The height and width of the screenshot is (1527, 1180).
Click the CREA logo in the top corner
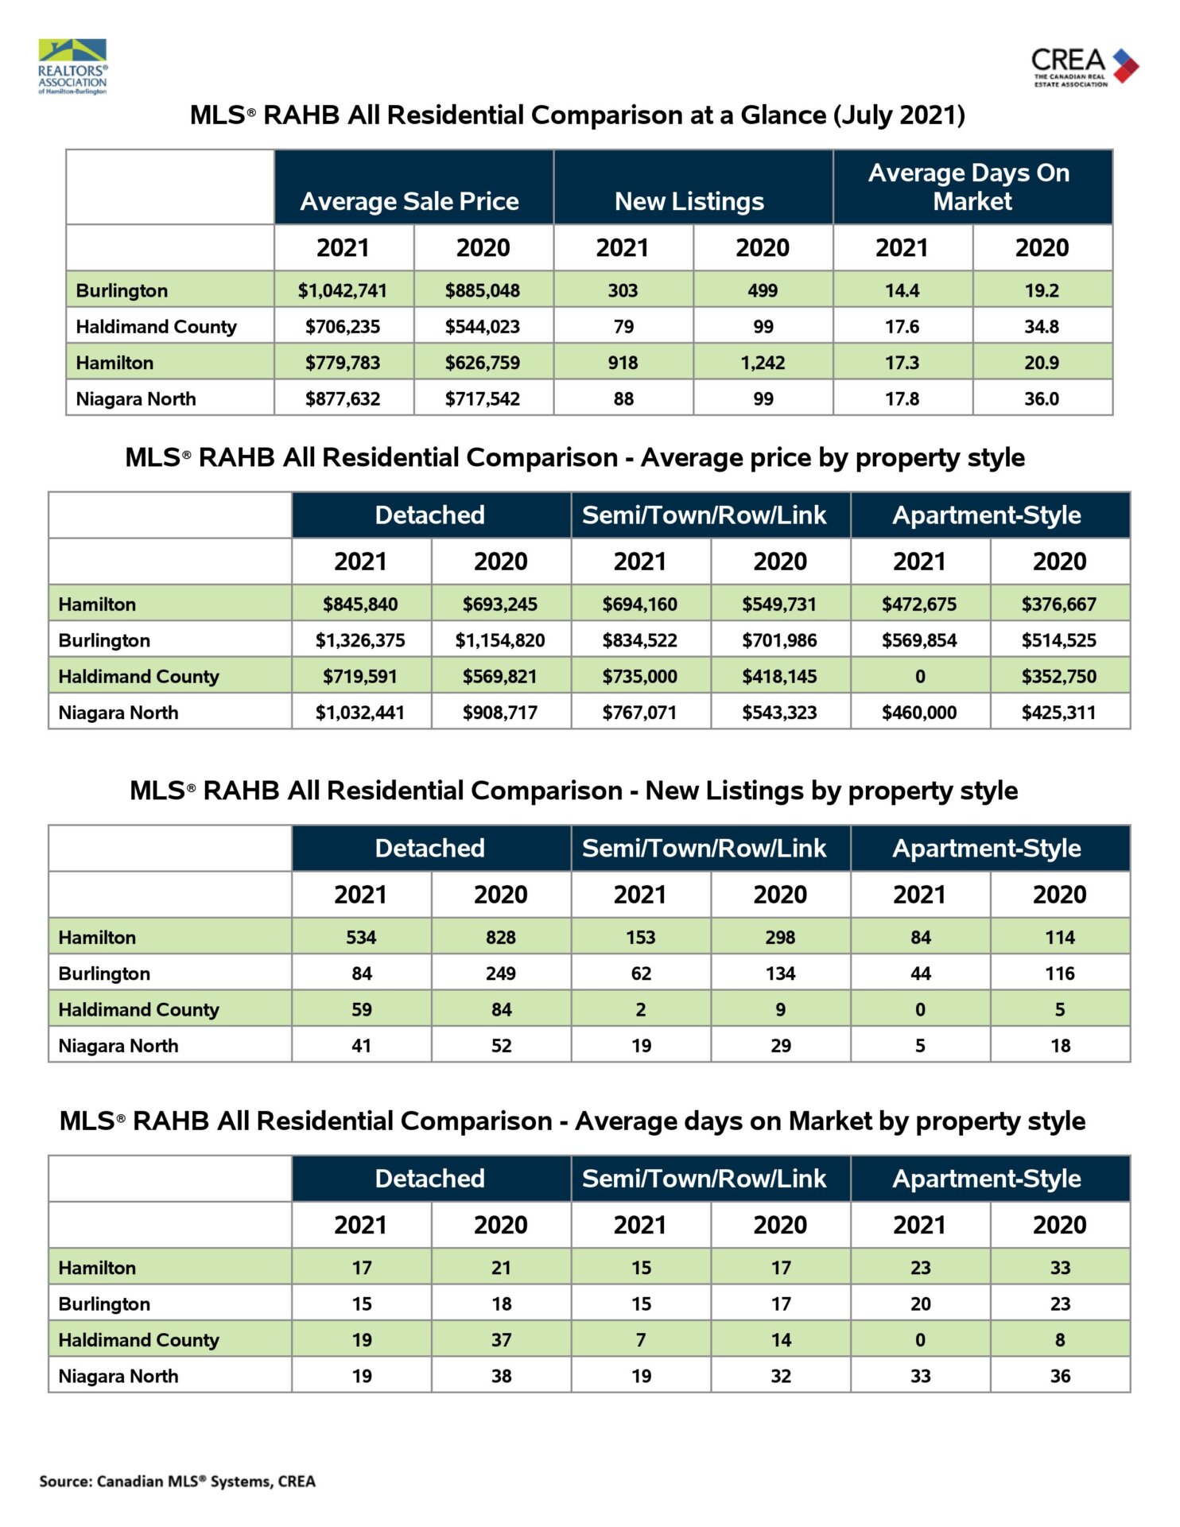1085,67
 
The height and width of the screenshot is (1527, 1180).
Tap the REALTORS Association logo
72,67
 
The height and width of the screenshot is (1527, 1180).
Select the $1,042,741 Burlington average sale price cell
343,290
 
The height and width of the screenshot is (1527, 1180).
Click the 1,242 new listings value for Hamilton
763,363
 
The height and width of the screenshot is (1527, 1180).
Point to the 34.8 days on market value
1042,326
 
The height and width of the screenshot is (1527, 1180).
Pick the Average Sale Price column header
410,201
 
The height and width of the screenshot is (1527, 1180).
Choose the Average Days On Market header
972,187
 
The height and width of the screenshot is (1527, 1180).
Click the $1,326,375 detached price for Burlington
360,640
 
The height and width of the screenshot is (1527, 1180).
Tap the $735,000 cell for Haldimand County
640,677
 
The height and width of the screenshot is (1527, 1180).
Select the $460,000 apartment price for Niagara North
919,713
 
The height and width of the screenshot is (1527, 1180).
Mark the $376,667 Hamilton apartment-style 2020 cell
1059,604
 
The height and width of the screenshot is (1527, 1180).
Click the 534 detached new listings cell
361,938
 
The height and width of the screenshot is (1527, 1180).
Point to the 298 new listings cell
780,938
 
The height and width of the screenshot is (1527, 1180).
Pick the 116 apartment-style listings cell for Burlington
1060,973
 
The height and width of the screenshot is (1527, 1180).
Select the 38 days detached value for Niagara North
501,1376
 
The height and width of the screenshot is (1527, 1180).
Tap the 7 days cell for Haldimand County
641,1340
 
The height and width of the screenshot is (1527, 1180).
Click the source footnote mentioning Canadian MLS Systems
177,1481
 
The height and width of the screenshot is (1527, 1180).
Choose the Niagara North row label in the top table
136,398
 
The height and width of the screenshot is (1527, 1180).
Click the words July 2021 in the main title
899,115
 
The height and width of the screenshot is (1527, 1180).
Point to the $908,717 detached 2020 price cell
500,713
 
